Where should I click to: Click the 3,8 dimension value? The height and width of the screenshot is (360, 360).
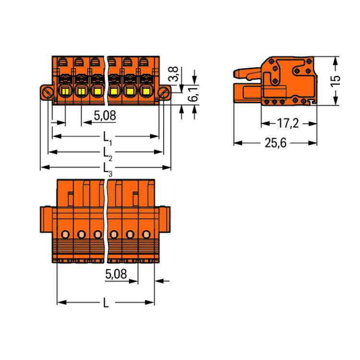174,74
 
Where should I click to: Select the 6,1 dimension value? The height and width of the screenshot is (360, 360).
193,94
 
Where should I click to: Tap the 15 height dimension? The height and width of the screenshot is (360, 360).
335,81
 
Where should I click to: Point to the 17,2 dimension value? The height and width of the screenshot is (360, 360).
288,123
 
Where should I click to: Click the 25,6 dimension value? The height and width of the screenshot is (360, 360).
276,143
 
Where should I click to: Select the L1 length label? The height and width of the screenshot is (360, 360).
107,138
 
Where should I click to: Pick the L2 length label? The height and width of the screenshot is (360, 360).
107,154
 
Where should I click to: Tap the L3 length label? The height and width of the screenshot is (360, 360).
107,170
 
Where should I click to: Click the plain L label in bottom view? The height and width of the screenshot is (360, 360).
106,303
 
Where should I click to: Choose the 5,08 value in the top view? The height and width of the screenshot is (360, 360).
105,116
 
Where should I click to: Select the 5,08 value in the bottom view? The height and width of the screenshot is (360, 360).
116,274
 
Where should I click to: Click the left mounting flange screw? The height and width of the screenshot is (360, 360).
48,93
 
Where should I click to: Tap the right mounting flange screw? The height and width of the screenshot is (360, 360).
164,93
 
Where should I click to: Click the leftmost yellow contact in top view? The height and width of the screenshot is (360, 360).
65,91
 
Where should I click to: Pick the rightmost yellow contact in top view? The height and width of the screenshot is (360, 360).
146,91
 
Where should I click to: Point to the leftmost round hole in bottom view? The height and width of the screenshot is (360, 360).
65,234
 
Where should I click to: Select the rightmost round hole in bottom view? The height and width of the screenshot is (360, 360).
146,234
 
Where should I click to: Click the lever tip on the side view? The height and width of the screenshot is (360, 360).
235,73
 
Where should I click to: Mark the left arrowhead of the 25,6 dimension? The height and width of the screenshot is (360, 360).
238,143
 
